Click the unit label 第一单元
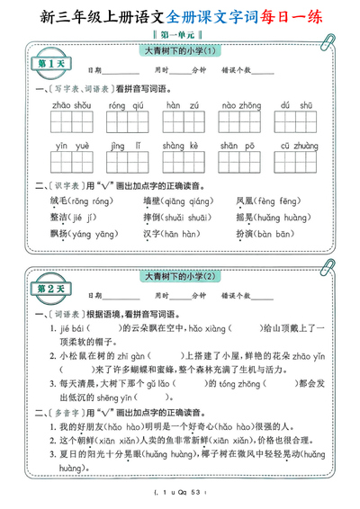pos(180,34)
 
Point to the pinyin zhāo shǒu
pos(72,105)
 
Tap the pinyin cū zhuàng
pos(297,145)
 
